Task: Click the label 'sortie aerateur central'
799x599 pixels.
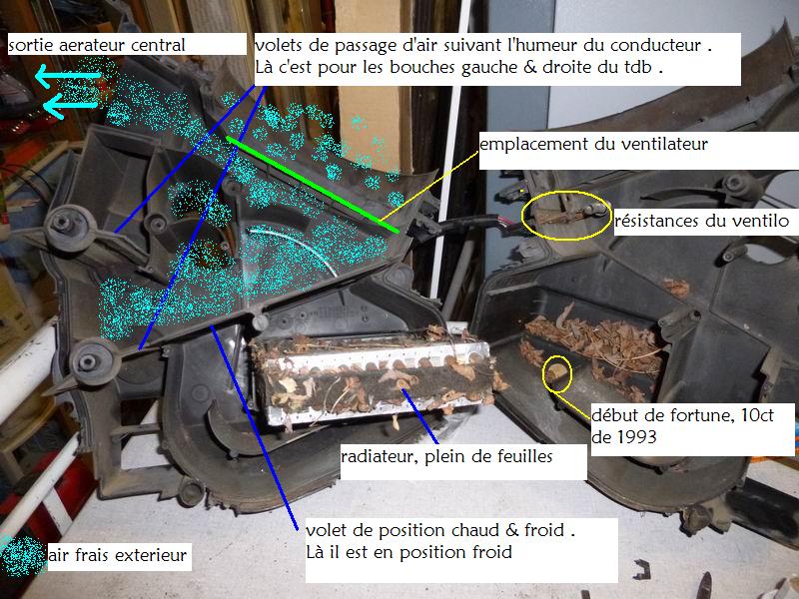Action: (97, 45)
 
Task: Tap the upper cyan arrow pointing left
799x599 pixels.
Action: (68, 76)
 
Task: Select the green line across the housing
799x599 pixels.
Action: (313, 185)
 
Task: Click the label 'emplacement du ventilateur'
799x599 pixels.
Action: (593, 144)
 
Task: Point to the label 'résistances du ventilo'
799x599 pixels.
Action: (702, 221)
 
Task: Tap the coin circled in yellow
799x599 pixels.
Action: (556, 371)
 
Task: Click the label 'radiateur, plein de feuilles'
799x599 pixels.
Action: (446, 456)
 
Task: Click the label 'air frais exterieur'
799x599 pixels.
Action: (118, 555)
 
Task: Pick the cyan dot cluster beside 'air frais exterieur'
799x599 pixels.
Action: (23, 556)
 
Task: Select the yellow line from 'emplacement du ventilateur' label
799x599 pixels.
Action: (429, 186)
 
